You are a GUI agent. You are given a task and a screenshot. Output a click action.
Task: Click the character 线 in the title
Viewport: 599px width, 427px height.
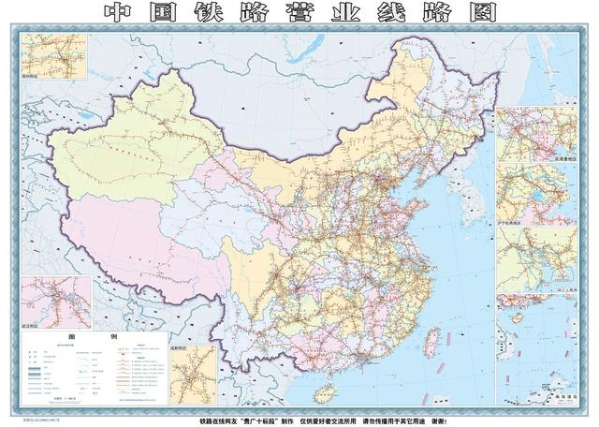coord(389,12)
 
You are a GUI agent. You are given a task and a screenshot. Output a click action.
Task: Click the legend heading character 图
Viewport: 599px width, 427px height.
coord(70,335)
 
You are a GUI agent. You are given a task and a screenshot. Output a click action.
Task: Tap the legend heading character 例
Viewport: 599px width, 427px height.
coord(115,335)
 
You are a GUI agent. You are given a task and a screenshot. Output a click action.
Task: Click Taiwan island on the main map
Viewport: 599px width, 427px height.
coord(432,337)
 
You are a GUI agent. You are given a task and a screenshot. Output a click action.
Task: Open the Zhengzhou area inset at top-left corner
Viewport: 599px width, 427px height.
coord(52,56)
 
